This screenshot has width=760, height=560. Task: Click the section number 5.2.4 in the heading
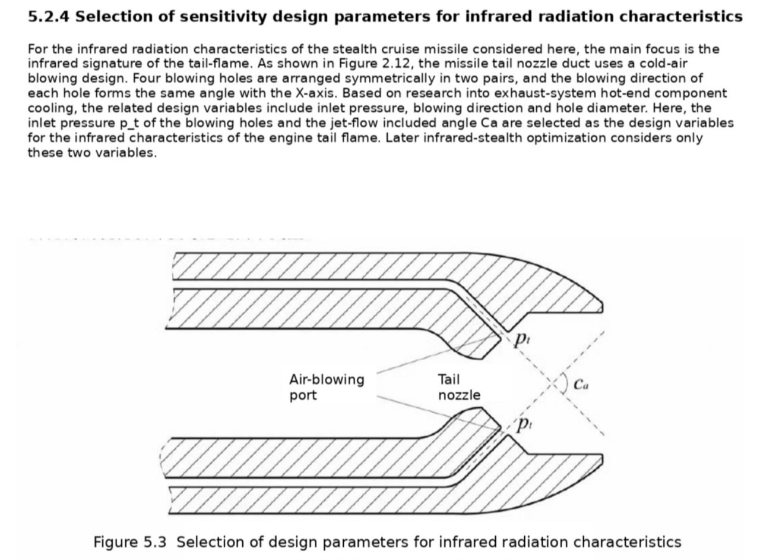[x=49, y=16]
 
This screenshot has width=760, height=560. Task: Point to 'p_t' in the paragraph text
[x=129, y=123]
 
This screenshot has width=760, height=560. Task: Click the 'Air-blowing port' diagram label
[x=327, y=387]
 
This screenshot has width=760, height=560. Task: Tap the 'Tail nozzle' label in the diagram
[x=459, y=387]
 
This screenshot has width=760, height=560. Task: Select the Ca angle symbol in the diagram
[x=581, y=384]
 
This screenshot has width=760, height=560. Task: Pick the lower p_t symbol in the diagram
[x=524, y=425]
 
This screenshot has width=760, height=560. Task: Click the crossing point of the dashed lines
[x=553, y=383]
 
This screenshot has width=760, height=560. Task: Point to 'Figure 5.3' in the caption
[x=130, y=542]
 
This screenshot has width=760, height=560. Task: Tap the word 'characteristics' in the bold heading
[x=681, y=16]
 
